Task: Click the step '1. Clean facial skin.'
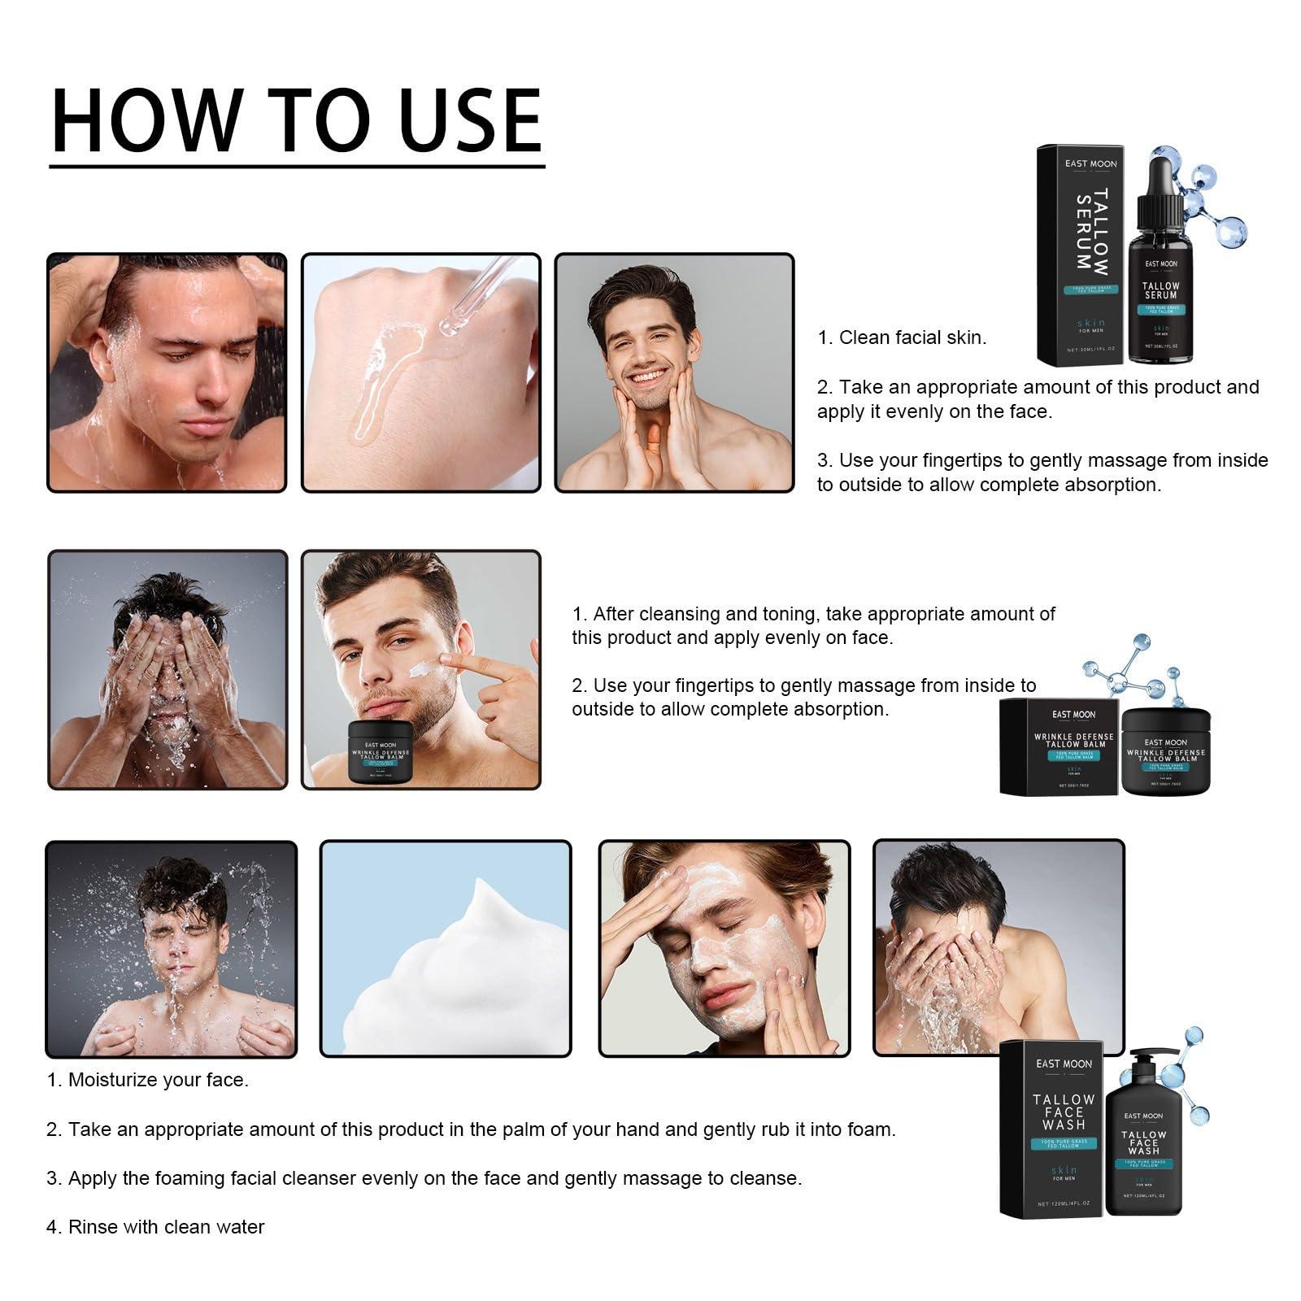pyautogui.click(x=902, y=337)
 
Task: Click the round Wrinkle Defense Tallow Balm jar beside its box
pyautogui.click(x=1165, y=752)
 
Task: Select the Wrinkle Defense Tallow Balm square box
pyautogui.click(x=1059, y=746)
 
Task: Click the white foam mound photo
pyautogui.click(x=446, y=949)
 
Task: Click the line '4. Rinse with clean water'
pyautogui.click(x=155, y=1226)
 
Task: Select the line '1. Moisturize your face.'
pyautogui.click(x=147, y=1080)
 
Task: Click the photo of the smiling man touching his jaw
pyautogui.click(x=674, y=372)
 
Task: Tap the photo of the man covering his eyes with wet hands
pyautogui.click(x=168, y=669)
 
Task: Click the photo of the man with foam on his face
pyautogui.click(x=724, y=949)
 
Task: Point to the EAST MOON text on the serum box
pyautogui.click(x=1090, y=163)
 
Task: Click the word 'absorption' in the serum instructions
pyautogui.click(x=1113, y=485)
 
